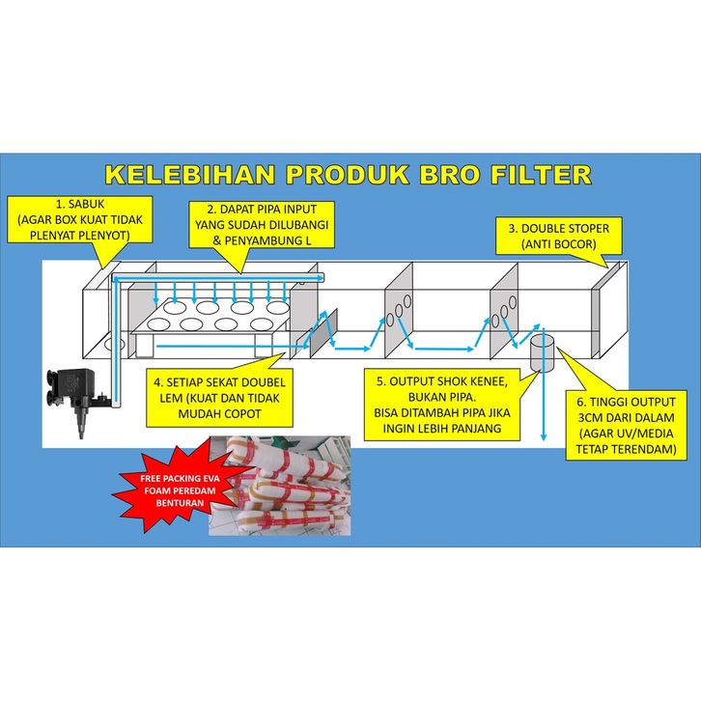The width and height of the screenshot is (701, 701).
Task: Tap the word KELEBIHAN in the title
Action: point(189,175)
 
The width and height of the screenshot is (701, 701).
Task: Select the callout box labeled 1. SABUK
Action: point(79,220)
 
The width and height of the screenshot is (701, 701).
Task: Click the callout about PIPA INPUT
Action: point(262,224)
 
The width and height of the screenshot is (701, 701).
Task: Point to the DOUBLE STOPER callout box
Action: point(559,236)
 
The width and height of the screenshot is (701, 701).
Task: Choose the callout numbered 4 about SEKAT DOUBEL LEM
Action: point(219,398)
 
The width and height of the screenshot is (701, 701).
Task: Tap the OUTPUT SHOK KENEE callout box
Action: point(441,405)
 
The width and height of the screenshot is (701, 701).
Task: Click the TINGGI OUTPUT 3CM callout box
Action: point(626,425)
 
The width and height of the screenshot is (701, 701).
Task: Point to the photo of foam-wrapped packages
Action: point(280,486)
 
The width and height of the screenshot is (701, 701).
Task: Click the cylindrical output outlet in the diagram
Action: point(542,353)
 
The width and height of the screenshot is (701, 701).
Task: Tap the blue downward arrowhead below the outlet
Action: point(544,435)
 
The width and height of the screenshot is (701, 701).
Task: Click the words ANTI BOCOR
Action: point(559,244)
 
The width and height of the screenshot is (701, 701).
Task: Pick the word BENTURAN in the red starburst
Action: point(180,503)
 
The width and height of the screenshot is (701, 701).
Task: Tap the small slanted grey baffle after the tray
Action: point(323,330)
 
